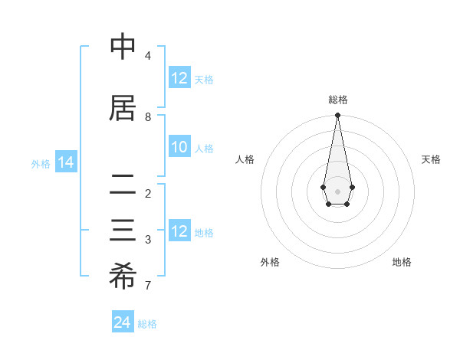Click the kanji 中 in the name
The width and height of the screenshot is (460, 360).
click(x=123, y=47)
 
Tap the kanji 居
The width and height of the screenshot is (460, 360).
click(x=123, y=108)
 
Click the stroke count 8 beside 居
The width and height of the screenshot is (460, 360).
click(x=148, y=117)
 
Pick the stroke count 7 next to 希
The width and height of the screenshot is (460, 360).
click(x=148, y=286)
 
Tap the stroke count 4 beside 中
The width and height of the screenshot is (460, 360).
click(x=148, y=56)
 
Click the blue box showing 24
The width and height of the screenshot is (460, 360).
click(x=123, y=323)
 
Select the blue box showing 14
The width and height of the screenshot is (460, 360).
click(x=65, y=162)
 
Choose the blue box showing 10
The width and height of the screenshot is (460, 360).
click(x=179, y=148)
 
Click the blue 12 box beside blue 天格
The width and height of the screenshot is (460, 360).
click(x=179, y=78)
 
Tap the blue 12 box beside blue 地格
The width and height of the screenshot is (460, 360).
click(x=179, y=232)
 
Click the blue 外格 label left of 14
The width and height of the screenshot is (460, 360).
click(x=41, y=163)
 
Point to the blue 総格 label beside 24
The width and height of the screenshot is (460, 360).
click(x=147, y=324)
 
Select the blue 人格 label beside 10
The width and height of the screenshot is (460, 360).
click(x=204, y=149)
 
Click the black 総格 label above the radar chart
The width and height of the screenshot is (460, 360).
click(x=337, y=100)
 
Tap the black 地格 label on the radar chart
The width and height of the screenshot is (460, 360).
click(x=402, y=262)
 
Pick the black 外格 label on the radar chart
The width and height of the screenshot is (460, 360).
click(x=270, y=262)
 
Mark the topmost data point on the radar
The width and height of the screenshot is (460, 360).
click(x=337, y=116)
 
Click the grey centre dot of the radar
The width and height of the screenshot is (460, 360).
click(x=337, y=191)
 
